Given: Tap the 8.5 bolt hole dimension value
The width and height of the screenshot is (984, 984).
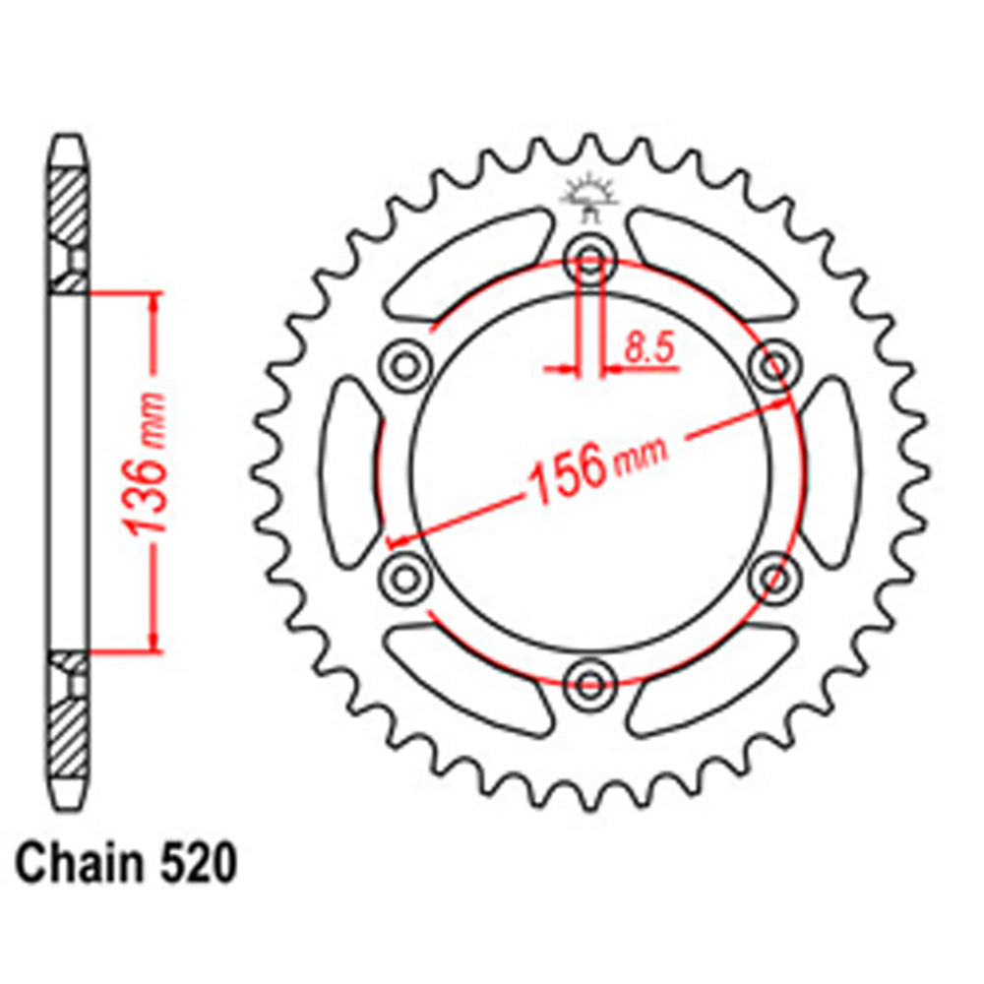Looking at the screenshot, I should pyautogui.click(x=645, y=347).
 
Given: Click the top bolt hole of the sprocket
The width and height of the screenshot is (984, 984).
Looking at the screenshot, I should pyautogui.click(x=589, y=261).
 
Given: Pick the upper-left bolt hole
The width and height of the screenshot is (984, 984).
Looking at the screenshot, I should pyautogui.click(x=405, y=367).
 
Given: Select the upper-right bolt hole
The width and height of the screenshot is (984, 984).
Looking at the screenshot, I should pyautogui.click(x=773, y=367).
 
